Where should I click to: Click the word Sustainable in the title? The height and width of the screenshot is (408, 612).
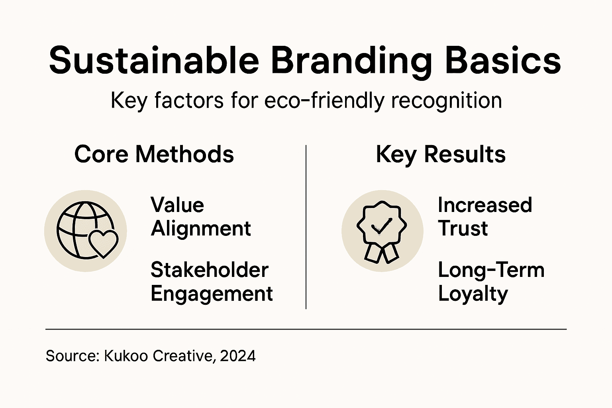pyautogui.click(x=154, y=61)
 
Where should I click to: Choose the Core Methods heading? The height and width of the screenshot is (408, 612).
pyautogui.click(x=154, y=154)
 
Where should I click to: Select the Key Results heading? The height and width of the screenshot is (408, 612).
pyautogui.click(x=441, y=154)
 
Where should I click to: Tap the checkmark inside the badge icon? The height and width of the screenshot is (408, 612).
pyautogui.click(x=381, y=226)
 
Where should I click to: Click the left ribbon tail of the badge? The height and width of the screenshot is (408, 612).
pyautogui.click(x=373, y=253)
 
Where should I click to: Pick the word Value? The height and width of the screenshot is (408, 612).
pyautogui.click(x=177, y=205)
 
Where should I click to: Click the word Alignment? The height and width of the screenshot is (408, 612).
pyautogui.click(x=201, y=229)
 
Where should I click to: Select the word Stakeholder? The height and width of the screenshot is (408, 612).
pyautogui.click(x=210, y=270)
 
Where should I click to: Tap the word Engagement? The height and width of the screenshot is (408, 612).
pyautogui.click(x=212, y=294)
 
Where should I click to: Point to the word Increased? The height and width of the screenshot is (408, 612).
pyautogui.click(x=485, y=205)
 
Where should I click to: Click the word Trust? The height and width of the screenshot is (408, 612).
pyautogui.click(x=463, y=229)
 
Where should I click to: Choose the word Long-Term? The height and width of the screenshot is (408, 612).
pyautogui.click(x=491, y=270)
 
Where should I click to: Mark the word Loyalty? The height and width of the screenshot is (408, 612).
pyautogui.click(x=473, y=294)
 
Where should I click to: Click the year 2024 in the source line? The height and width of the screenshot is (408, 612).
pyautogui.click(x=237, y=355)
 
